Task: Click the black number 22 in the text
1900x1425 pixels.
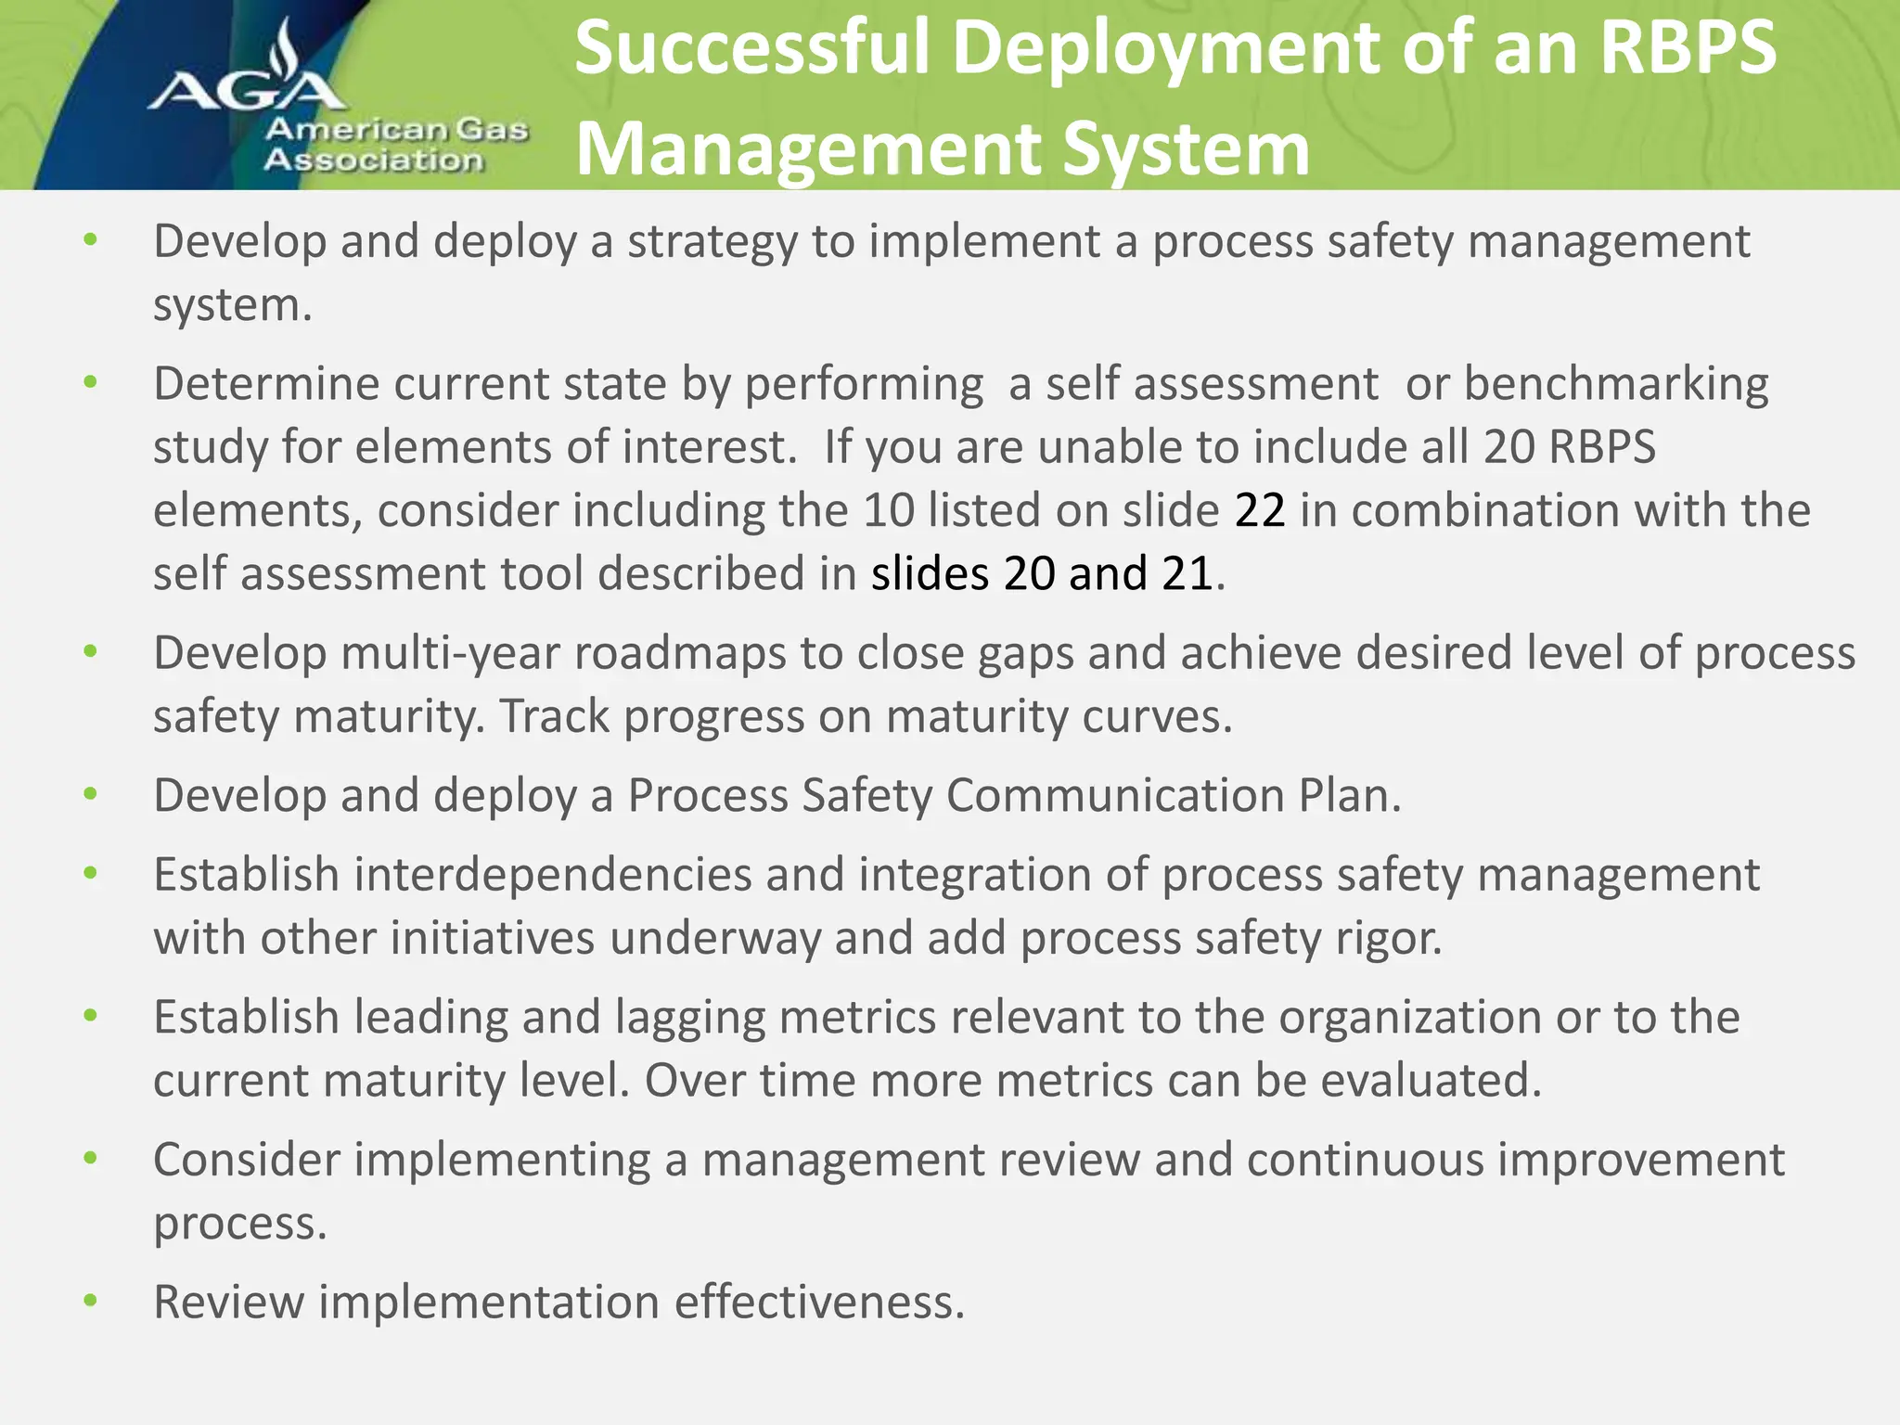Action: pyautogui.click(x=1260, y=510)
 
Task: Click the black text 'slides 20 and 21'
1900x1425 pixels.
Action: pyautogui.click(x=1042, y=573)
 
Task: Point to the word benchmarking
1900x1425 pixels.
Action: pyautogui.click(x=1616, y=384)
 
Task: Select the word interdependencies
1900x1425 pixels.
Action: pyautogui.click(x=552, y=875)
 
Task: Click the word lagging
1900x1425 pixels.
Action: pyautogui.click(x=689, y=1017)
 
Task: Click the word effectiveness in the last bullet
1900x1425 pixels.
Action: pyautogui.click(x=819, y=1302)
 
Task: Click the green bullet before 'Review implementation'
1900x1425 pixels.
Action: pyautogui.click(x=90, y=1301)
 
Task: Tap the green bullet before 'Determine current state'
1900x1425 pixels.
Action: pyautogui.click(x=90, y=382)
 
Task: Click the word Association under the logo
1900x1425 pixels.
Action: pyautogui.click(x=373, y=160)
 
